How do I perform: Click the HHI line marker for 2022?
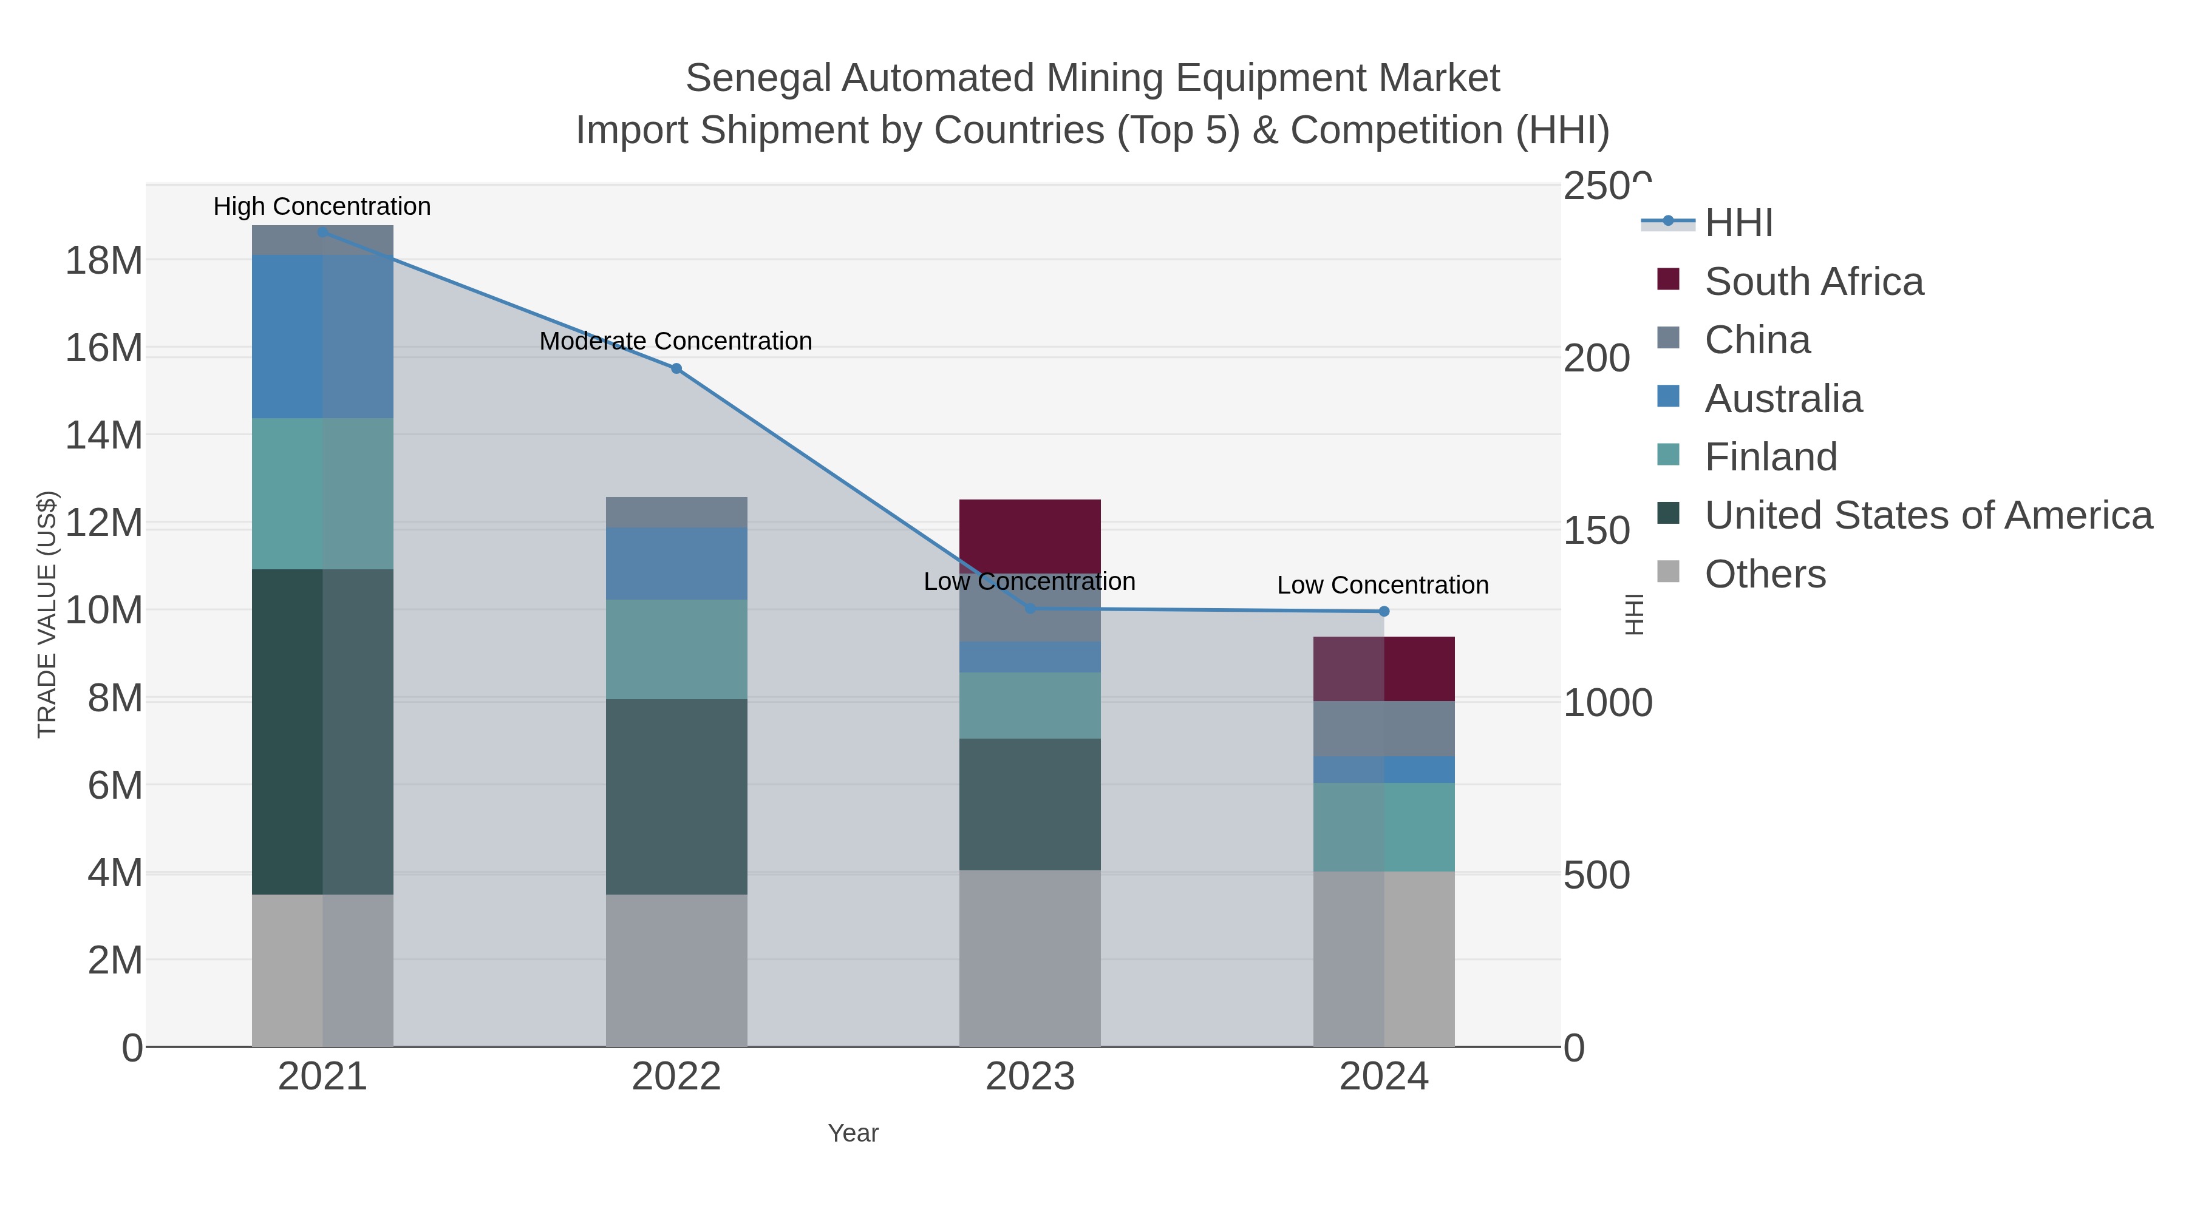676,369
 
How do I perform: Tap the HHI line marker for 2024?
1384,612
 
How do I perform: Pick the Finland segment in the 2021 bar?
322,493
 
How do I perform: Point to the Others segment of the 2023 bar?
1029,958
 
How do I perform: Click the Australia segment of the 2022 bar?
676,564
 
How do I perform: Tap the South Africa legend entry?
1813,282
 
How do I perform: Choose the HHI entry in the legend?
1738,223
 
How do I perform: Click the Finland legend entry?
1770,457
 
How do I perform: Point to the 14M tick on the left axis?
103,436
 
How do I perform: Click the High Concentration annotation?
322,206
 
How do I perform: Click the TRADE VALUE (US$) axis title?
47,614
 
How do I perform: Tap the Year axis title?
853,1133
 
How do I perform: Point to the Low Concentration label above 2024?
1383,585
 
